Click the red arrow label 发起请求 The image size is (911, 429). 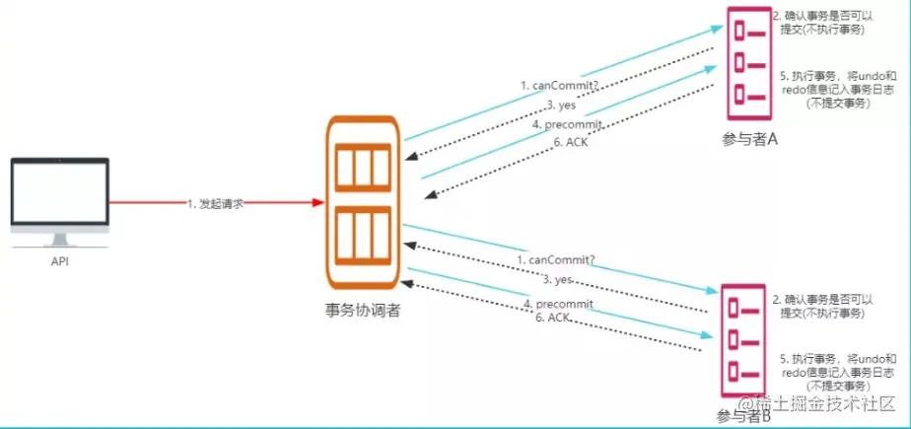point(215,202)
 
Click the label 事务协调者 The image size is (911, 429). point(364,311)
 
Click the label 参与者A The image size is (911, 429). point(750,139)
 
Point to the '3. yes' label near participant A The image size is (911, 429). point(561,106)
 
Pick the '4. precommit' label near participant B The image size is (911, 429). point(559,304)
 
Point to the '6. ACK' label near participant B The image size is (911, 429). point(553,318)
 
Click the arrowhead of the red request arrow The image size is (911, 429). point(317,202)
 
